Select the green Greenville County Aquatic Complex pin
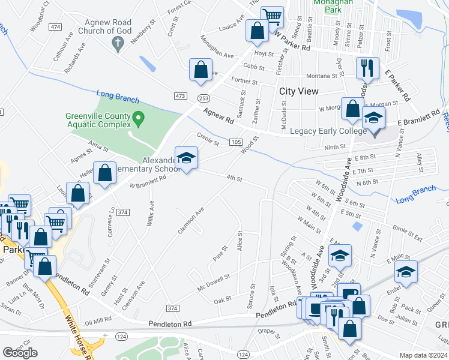[138, 117]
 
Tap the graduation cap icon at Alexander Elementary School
[187, 157]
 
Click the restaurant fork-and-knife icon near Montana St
[366, 68]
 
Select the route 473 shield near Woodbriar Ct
[55, 27]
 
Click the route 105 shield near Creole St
[235, 142]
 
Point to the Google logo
[20, 353]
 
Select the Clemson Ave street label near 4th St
[191, 220]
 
